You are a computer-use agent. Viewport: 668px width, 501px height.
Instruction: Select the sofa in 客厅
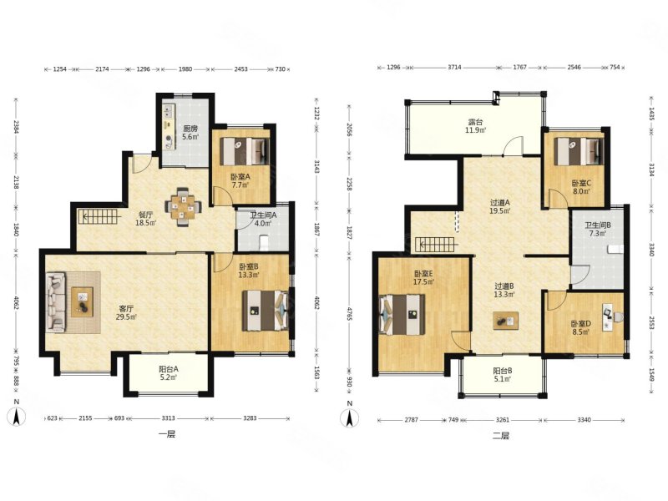pos(56,302)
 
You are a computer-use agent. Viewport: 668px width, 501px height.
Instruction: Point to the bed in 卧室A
pos(245,151)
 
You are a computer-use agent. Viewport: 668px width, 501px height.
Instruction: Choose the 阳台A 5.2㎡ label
pos(169,372)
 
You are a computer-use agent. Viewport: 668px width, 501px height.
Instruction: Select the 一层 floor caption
pos(166,434)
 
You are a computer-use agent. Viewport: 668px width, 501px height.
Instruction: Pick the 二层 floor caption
pos(501,435)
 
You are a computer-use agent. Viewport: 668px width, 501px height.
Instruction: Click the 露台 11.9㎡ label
pos(475,127)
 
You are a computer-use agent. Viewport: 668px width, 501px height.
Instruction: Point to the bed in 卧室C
pos(579,151)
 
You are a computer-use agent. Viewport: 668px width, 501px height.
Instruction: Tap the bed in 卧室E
pos(402,315)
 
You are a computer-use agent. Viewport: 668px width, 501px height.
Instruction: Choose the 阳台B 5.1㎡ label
pos(503,374)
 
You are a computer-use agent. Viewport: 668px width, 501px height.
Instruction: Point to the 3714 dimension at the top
pos(454,68)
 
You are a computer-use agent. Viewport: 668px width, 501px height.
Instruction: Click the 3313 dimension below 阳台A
pos(169,418)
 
